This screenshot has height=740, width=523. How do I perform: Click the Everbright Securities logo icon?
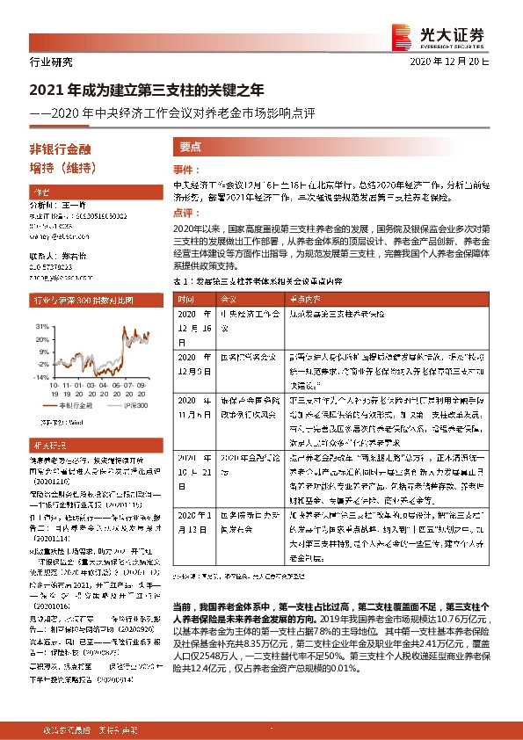click(402, 35)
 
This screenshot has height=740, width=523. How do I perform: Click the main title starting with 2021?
click(147, 90)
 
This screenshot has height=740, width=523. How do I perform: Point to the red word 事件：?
click(185, 169)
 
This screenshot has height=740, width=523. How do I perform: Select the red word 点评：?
click(185, 213)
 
